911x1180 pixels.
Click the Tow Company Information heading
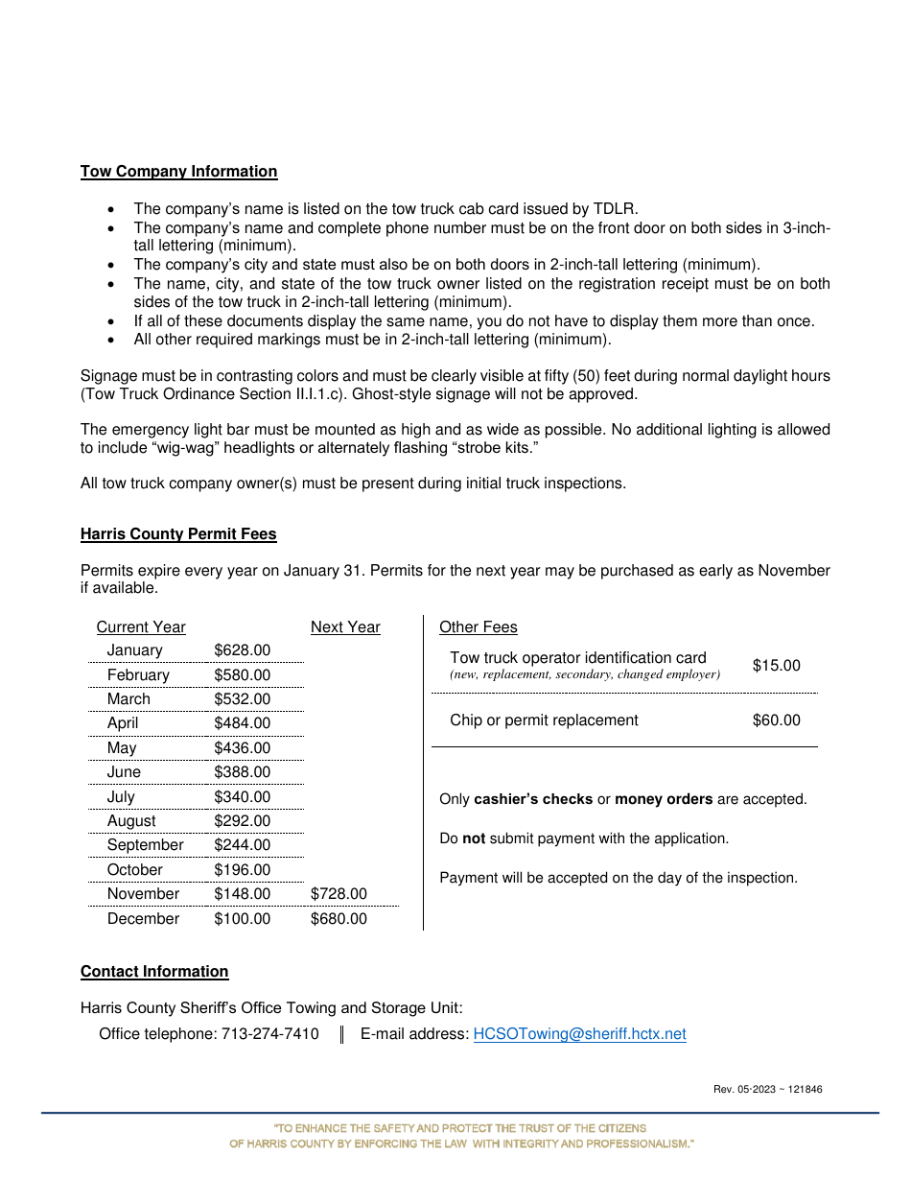178,172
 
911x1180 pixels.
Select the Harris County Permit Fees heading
178,534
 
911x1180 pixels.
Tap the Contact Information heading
154,972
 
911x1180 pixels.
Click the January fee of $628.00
242,650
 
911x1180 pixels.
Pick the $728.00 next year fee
339,894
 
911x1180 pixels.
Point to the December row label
143,919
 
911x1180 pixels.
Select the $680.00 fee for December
339,919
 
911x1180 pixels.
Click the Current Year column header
141,627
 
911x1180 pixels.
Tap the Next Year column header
345,627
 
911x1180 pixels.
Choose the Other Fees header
478,627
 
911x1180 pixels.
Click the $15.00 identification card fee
776,666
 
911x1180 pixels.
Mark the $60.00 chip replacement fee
776,720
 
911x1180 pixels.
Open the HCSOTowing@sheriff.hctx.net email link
579,1034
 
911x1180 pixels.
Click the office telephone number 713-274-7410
270,1034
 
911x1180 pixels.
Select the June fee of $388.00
242,772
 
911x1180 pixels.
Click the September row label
145,845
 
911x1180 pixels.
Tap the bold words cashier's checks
533,799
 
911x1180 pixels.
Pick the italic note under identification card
585,674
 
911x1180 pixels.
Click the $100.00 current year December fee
242,919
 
